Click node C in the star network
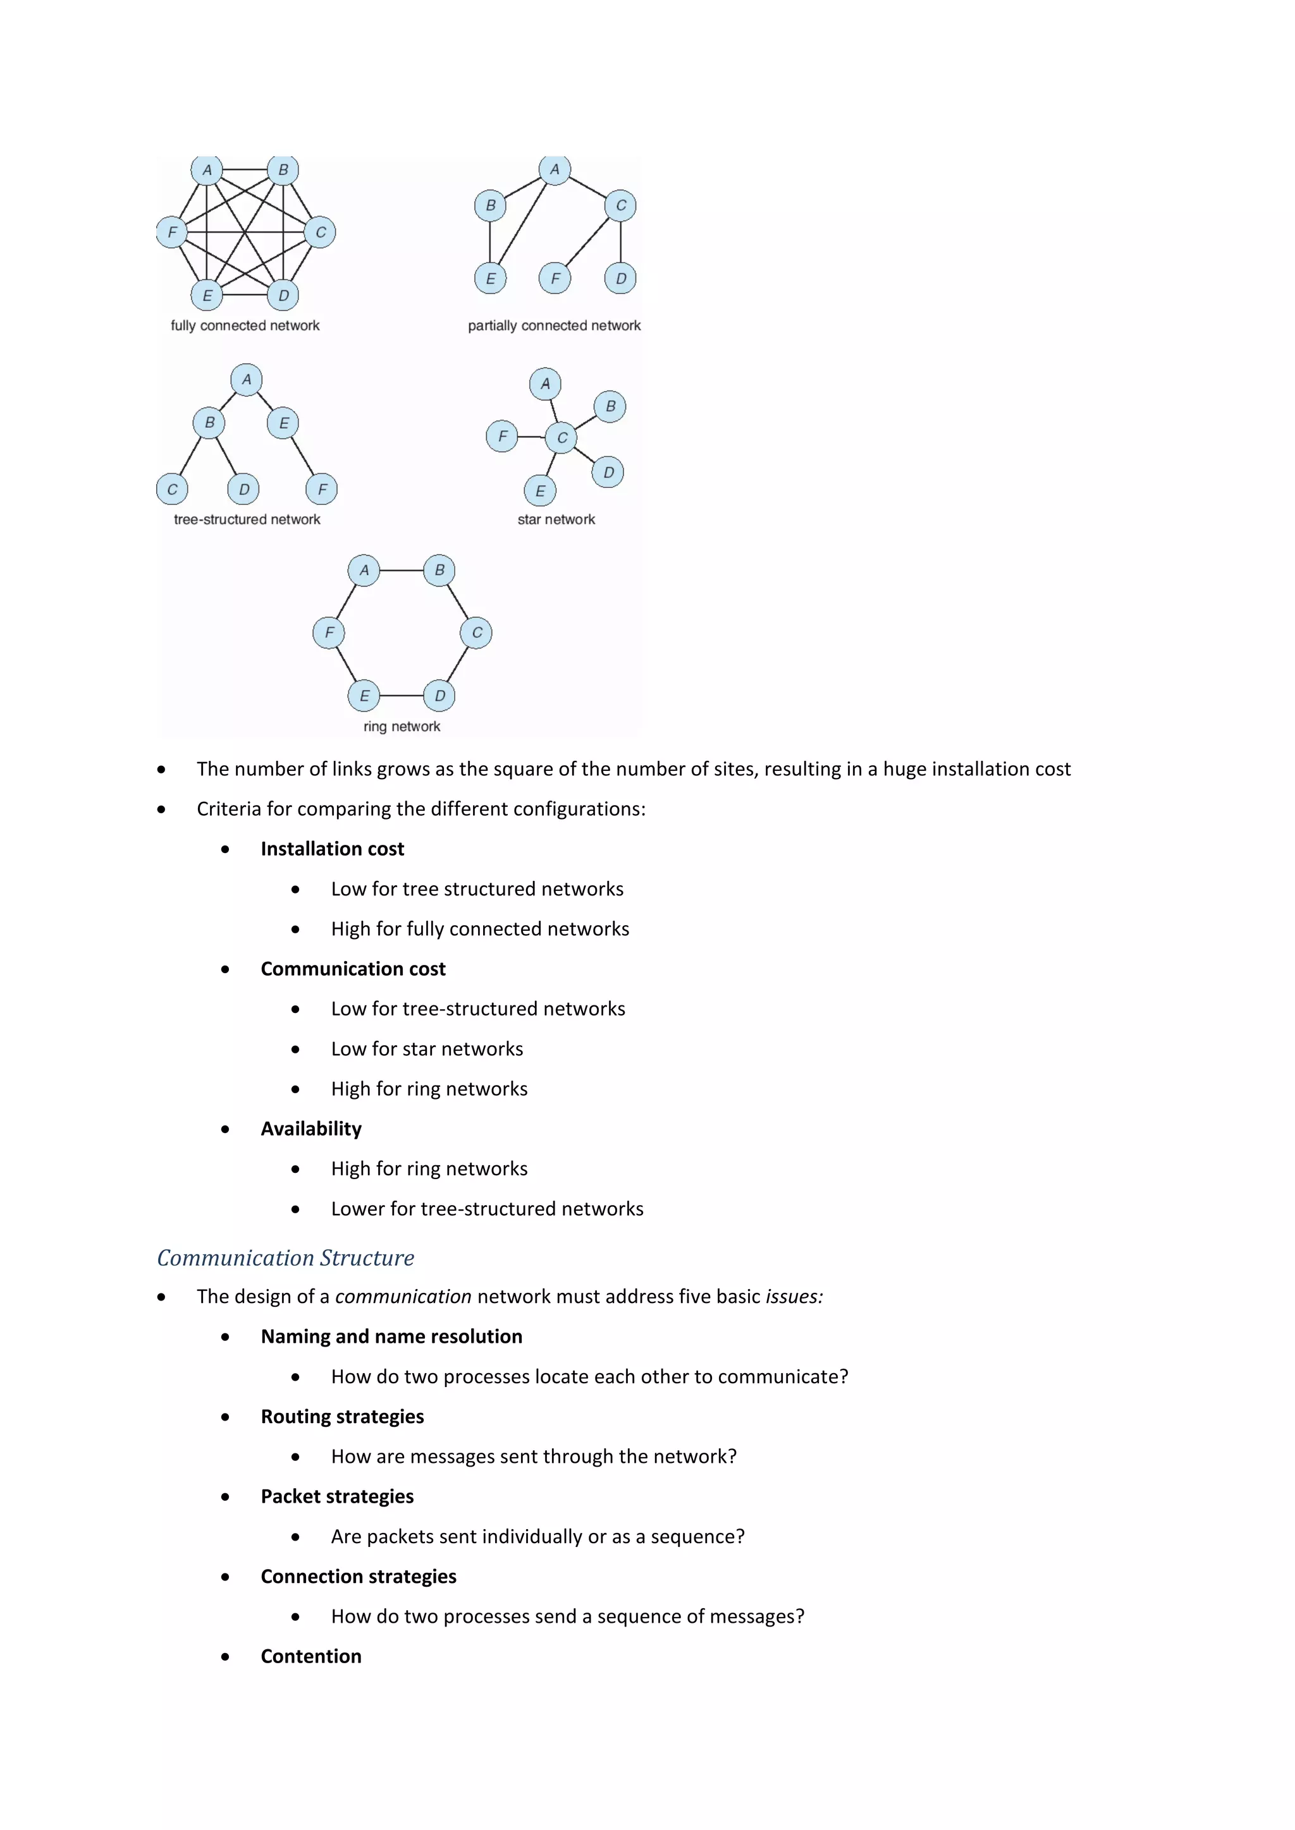coord(562,437)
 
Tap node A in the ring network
coord(364,571)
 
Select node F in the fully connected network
coord(171,233)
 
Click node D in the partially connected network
coord(620,279)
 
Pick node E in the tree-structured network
coord(283,423)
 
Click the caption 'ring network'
coord(402,726)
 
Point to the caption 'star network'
coord(556,519)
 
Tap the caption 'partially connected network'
coord(554,326)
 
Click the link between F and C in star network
coord(531,437)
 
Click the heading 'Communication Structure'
coord(285,1257)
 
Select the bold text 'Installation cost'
coord(332,849)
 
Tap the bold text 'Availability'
coord(311,1129)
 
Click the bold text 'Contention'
coord(311,1656)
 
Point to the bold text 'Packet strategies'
coord(336,1496)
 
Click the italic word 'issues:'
coord(794,1297)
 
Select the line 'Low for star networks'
coord(427,1049)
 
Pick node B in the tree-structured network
coord(209,423)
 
